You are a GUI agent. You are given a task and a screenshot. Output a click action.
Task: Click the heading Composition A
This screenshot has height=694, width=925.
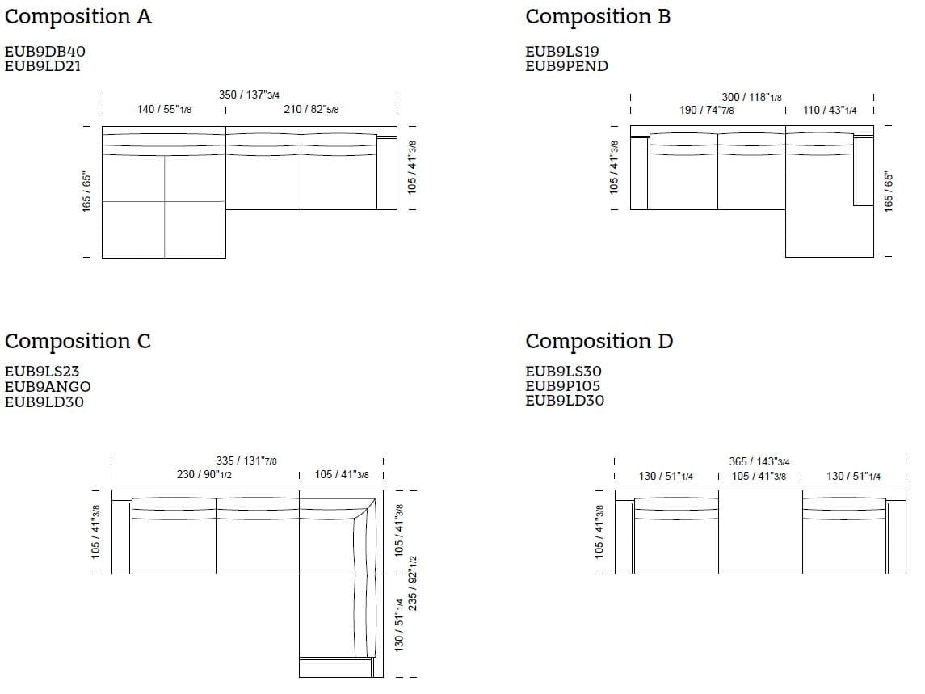[78, 17]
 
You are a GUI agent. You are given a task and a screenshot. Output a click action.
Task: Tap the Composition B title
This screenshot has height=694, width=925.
[598, 17]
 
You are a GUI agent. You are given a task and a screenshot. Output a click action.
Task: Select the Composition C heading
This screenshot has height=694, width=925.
[78, 342]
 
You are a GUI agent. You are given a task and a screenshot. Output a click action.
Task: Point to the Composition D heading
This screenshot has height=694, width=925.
[599, 342]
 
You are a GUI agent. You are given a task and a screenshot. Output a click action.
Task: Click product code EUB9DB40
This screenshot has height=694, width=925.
[44, 52]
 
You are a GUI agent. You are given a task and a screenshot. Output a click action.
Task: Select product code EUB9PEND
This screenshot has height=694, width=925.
[566, 66]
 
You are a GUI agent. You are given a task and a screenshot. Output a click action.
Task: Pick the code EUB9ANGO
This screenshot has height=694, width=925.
[48, 386]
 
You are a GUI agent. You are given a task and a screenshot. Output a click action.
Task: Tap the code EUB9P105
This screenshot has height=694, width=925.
[563, 386]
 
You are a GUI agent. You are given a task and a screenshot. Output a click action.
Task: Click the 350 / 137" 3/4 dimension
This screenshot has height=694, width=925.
[249, 95]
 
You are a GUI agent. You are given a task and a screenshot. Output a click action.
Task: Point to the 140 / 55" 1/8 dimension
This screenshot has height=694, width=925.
[164, 109]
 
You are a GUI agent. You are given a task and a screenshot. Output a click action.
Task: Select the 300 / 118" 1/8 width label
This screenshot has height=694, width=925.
[751, 97]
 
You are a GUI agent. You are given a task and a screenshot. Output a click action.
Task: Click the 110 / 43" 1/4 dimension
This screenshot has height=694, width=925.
[830, 110]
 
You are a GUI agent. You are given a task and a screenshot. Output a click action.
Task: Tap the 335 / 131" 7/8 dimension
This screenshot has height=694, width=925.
[246, 461]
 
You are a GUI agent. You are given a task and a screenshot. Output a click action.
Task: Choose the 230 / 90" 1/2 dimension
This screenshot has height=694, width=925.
[204, 474]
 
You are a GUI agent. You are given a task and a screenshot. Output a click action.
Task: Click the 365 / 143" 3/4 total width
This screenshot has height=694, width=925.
[759, 461]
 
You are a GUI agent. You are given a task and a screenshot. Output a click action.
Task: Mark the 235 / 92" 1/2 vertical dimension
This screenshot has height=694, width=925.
[412, 583]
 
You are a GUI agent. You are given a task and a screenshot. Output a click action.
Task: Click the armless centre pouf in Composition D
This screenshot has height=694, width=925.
[760, 532]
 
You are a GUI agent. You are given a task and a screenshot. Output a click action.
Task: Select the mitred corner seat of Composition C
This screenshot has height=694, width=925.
[341, 532]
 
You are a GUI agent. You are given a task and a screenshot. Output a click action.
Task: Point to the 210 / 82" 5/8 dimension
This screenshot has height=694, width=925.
[312, 109]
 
